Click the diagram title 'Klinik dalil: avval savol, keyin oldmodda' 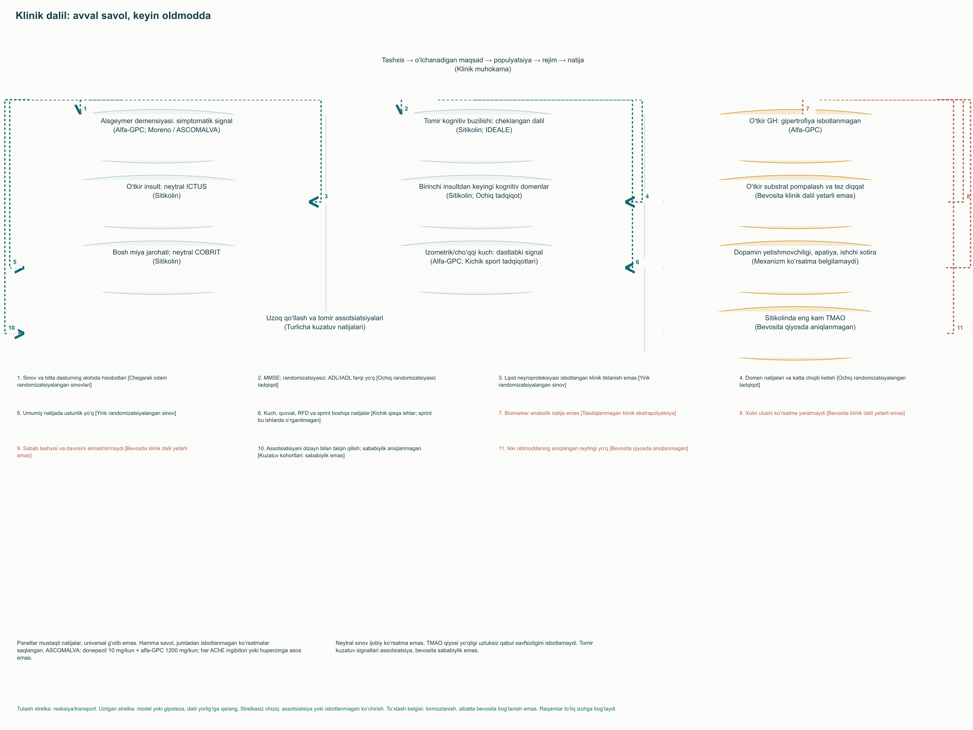[x=113, y=16]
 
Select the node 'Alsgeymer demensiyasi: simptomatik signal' [x=167, y=125]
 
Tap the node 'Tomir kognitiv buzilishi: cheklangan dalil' [x=484, y=125]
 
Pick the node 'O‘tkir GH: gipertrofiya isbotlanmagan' [x=805, y=125]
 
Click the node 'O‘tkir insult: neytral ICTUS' [x=167, y=191]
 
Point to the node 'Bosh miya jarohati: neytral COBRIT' [x=167, y=256]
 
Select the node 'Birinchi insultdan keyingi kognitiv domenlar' [x=484, y=191]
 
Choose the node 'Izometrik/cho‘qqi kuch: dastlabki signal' [x=484, y=256]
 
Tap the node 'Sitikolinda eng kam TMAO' [x=805, y=322]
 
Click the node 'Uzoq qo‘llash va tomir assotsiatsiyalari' [x=325, y=322]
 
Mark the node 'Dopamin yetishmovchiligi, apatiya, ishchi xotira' [x=805, y=256]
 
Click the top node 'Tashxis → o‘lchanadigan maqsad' [x=483, y=64]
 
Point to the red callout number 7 [x=808, y=109]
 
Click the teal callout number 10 [x=11, y=328]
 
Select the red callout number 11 [x=960, y=328]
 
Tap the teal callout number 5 [x=15, y=262]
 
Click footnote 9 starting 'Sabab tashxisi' [x=102, y=452]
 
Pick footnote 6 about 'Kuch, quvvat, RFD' [x=344, y=417]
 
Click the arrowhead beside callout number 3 [x=314, y=202]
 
